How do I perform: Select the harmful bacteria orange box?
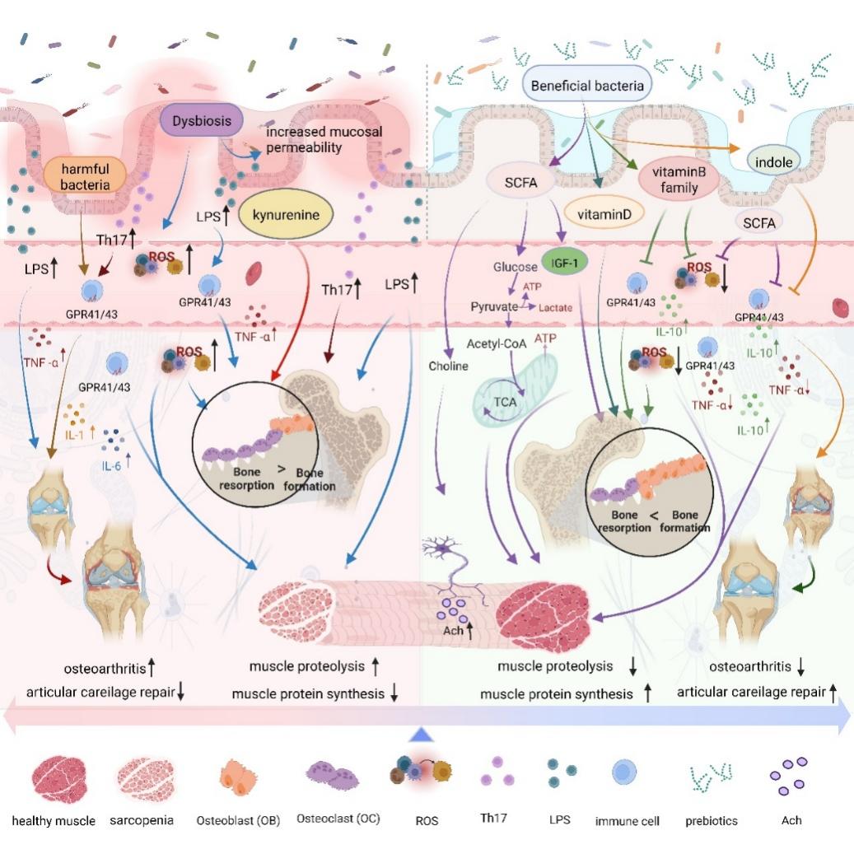click(x=84, y=174)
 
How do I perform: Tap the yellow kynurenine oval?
click(x=280, y=216)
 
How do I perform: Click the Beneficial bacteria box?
click(x=587, y=85)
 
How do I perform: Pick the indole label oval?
click(x=771, y=162)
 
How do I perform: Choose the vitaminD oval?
click(x=599, y=214)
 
